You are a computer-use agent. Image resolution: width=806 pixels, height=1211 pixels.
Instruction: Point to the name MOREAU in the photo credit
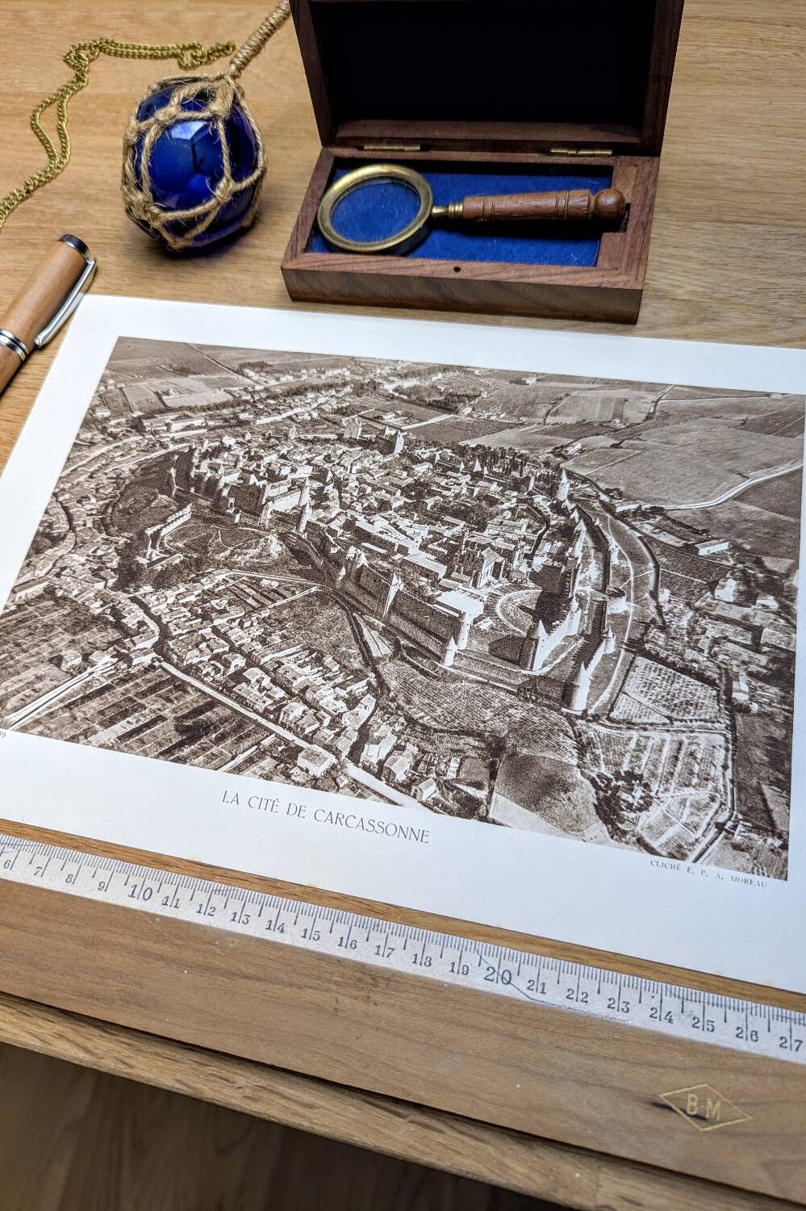[746, 881]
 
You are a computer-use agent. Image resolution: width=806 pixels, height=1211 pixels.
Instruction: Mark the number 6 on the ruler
[8, 862]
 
